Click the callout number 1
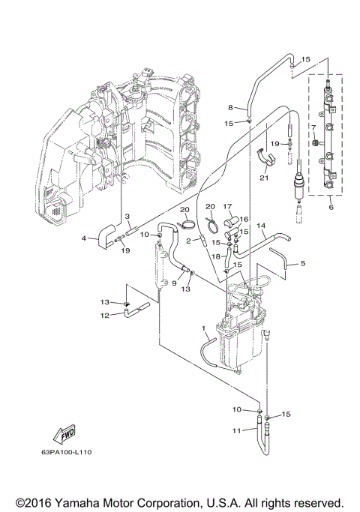[x=203, y=329]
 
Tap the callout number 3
[x=127, y=217]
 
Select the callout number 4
[x=84, y=238]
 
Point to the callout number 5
[x=303, y=263]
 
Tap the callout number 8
[x=232, y=107]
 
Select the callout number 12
[x=104, y=315]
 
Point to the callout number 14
[x=261, y=225]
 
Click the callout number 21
[x=263, y=178]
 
